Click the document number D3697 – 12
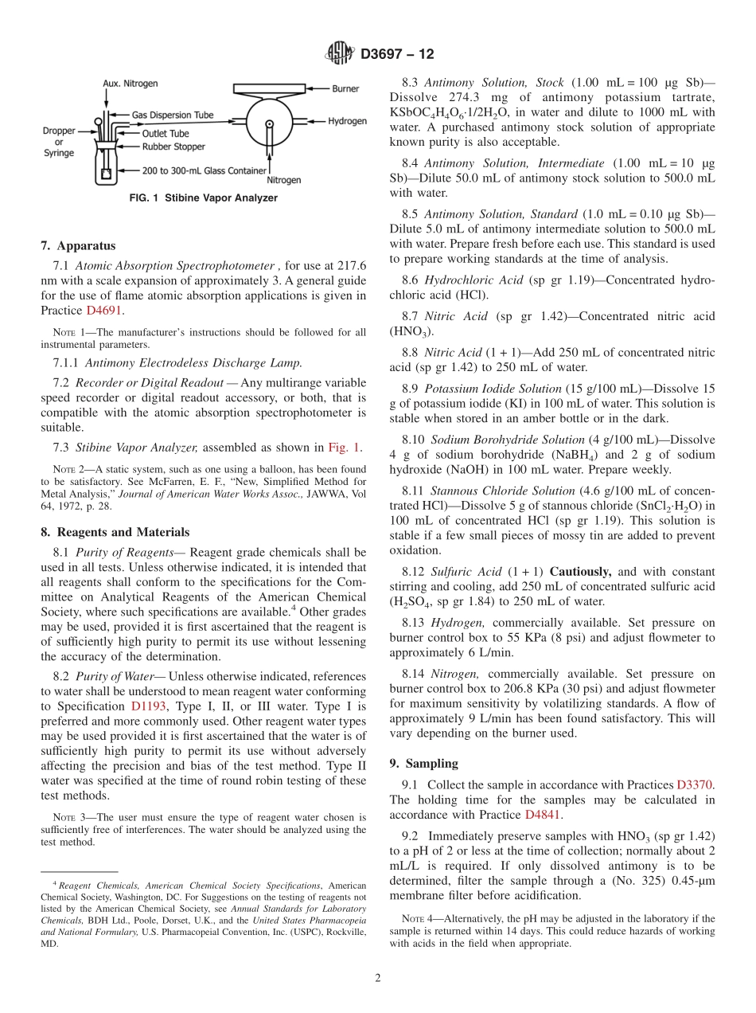[x=398, y=54]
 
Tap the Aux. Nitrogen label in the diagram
[x=130, y=84]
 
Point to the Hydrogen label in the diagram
[x=347, y=121]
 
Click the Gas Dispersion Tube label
[x=173, y=115]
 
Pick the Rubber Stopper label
[x=173, y=147]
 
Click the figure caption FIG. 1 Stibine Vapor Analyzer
[x=203, y=198]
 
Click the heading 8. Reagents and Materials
[x=115, y=532]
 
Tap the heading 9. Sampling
[x=423, y=763]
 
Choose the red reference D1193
[x=149, y=706]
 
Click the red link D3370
[x=696, y=784]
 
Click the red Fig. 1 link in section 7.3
[x=345, y=448]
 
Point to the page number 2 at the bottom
[x=378, y=978]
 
